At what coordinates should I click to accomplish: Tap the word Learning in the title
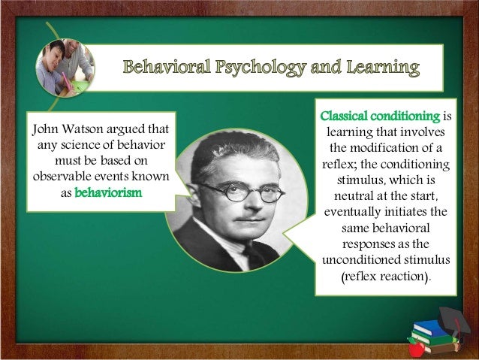pyautogui.click(x=382, y=70)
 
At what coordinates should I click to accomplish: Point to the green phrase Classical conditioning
pyautogui.click(x=380, y=116)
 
